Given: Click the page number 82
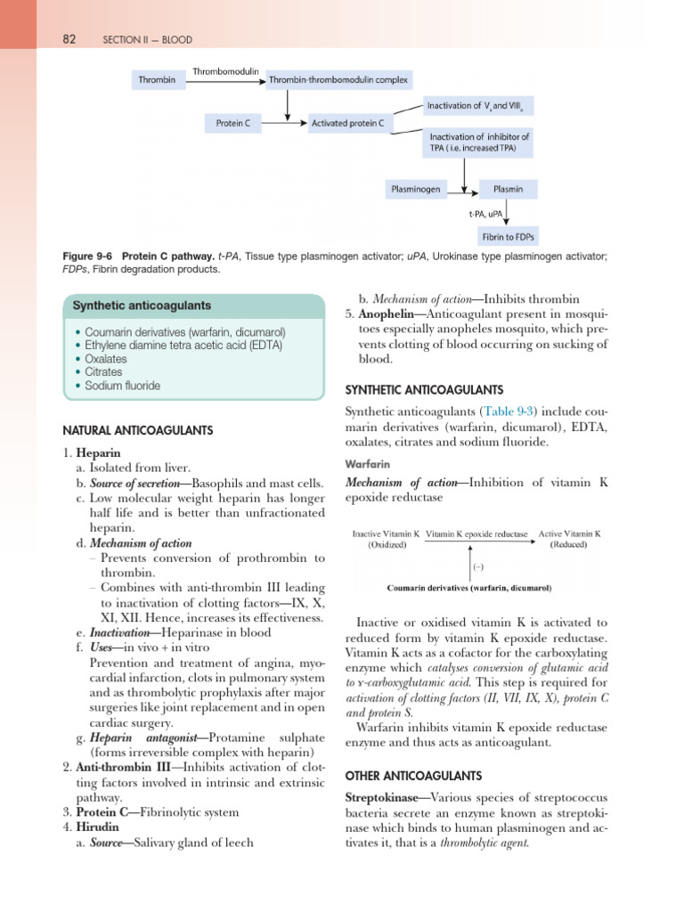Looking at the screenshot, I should pyautogui.click(x=69, y=39).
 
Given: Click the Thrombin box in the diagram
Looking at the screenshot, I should pyautogui.click(x=156, y=80).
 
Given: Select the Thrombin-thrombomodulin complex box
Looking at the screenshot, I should pyautogui.click(x=338, y=80).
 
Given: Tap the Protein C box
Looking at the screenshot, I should pyautogui.click(x=233, y=124).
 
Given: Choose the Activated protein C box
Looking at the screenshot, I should pyautogui.click(x=347, y=124).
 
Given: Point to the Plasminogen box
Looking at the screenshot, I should pyautogui.click(x=415, y=190).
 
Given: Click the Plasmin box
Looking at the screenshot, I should pyautogui.click(x=509, y=190).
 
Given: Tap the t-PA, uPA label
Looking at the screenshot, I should pyautogui.click(x=484, y=215).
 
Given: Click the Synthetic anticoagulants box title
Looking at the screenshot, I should pyautogui.click(x=142, y=305).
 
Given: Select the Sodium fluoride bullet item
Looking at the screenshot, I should pyautogui.click(x=123, y=386).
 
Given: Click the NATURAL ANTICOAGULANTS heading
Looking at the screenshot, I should pyautogui.click(x=137, y=430).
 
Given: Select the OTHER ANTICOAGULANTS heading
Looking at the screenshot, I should pyautogui.click(x=413, y=775).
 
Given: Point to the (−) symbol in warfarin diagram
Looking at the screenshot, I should pyautogui.click(x=477, y=566).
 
